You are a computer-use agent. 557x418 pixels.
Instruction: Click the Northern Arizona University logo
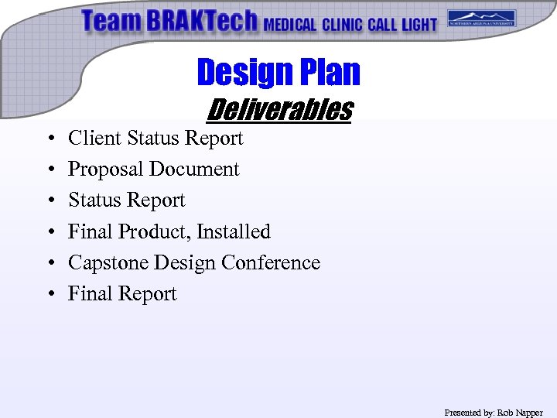481,19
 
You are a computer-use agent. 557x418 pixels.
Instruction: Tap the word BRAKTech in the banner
200,21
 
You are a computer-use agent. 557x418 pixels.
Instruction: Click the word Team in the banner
111,21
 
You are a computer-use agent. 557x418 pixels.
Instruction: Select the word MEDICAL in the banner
290,24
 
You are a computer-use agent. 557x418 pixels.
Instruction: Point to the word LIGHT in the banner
419,24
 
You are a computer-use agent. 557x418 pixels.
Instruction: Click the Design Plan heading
278,72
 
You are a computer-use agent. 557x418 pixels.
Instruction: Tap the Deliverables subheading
278,109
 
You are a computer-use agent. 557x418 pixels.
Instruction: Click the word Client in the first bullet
94,139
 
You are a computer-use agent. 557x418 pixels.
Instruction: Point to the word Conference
270,262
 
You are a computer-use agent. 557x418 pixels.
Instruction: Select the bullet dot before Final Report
50,294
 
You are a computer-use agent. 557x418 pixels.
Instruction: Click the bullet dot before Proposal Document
50,170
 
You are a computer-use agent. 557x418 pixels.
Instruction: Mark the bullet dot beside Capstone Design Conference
50,263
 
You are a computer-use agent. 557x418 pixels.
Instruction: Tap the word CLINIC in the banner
342,24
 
